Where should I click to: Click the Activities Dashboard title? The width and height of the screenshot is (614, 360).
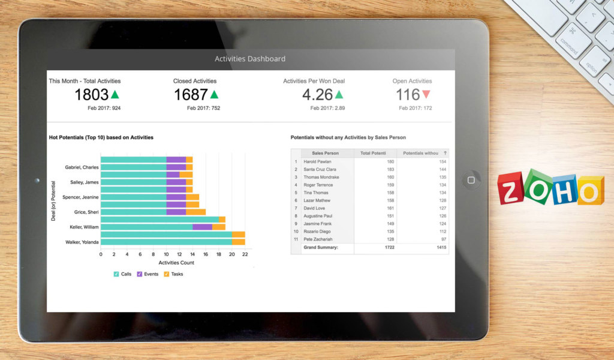click(250, 59)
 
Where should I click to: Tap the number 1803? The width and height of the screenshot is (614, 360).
click(92, 95)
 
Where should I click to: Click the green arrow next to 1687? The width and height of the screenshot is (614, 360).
click(214, 94)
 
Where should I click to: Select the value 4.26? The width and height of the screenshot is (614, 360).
click(317, 95)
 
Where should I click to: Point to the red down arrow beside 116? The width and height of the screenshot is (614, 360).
click(426, 94)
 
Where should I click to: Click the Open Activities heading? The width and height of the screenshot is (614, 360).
click(412, 81)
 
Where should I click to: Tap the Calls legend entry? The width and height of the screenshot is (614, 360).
click(122, 274)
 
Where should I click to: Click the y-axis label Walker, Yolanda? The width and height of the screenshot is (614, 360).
click(82, 242)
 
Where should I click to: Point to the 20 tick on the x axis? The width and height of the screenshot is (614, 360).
click(232, 254)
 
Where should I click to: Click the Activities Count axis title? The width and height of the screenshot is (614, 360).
click(176, 263)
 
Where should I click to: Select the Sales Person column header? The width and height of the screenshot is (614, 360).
click(325, 153)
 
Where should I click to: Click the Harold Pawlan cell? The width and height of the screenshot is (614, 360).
click(317, 161)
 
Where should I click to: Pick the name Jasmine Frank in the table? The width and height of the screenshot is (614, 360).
click(318, 223)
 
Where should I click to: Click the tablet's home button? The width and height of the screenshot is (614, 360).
click(471, 180)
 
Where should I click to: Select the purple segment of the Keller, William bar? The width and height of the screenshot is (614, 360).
click(202, 227)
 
